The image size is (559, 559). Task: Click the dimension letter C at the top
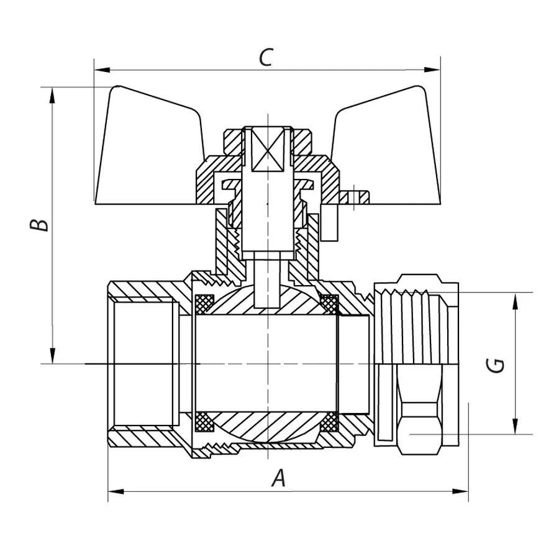265,57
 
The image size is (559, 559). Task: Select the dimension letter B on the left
40,224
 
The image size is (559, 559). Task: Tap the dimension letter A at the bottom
279,478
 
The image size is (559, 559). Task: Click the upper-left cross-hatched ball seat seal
204,303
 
